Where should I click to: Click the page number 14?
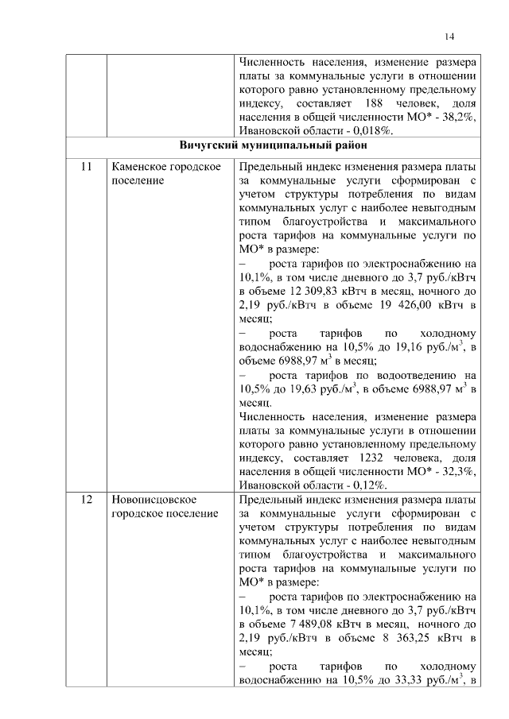(449, 36)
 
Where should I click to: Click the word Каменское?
(137, 168)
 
